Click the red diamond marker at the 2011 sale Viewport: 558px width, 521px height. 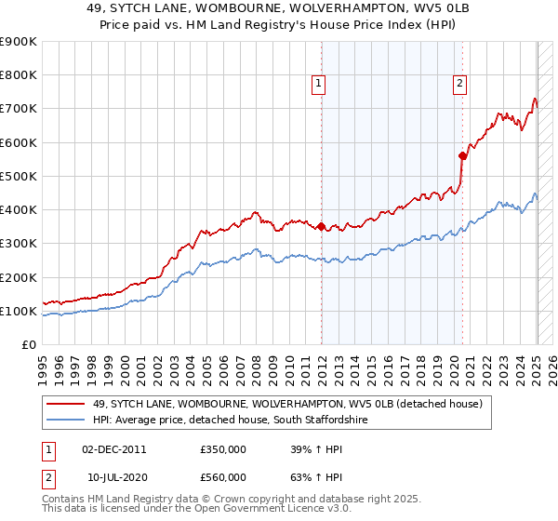tap(321, 226)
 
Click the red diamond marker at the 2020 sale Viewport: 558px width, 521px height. tap(462, 155)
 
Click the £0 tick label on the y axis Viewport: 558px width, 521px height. tap(28, 344)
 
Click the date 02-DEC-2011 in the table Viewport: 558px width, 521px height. tap(114, 449)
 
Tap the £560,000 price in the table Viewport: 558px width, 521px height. tap(222, 477)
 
